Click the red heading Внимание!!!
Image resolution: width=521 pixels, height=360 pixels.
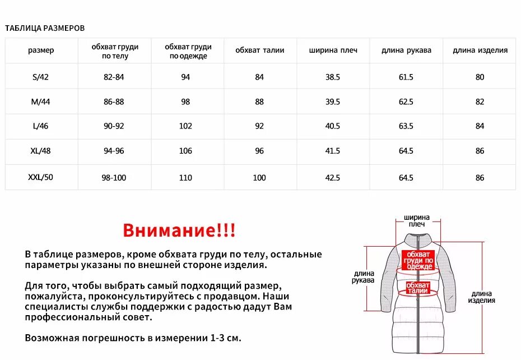tap(179, 230)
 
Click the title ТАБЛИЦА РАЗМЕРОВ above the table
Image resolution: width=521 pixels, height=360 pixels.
tap(45, 28)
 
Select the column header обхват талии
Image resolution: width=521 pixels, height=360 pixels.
tap(259, 50)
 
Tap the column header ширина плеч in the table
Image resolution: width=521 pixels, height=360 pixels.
tap(333, 50)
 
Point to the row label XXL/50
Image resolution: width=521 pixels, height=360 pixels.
tap(41, 178)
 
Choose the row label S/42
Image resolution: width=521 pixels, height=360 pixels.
tap(41, 77)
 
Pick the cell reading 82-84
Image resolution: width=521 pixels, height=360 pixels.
tap(114, 77)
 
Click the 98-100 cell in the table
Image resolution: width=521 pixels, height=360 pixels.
tap(114, 178)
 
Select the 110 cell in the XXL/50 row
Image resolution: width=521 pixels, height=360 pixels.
tap(185, 178)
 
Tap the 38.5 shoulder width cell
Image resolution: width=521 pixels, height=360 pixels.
tap(333, 77)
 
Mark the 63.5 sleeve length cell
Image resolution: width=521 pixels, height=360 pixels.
tap(406, 126)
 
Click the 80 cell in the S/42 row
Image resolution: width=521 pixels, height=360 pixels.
tap(480, 77)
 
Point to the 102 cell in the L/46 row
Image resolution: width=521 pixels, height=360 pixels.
tap(185, 126)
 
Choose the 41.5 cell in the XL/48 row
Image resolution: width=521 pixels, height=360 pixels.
tap(333, 151)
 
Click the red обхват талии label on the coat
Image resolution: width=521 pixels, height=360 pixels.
tap(418, 288)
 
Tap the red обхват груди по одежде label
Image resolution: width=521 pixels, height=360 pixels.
tap(418, 260)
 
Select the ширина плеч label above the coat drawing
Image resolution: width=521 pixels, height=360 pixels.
tap(417, 220)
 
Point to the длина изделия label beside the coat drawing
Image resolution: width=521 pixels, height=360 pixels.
tap(482, 297)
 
